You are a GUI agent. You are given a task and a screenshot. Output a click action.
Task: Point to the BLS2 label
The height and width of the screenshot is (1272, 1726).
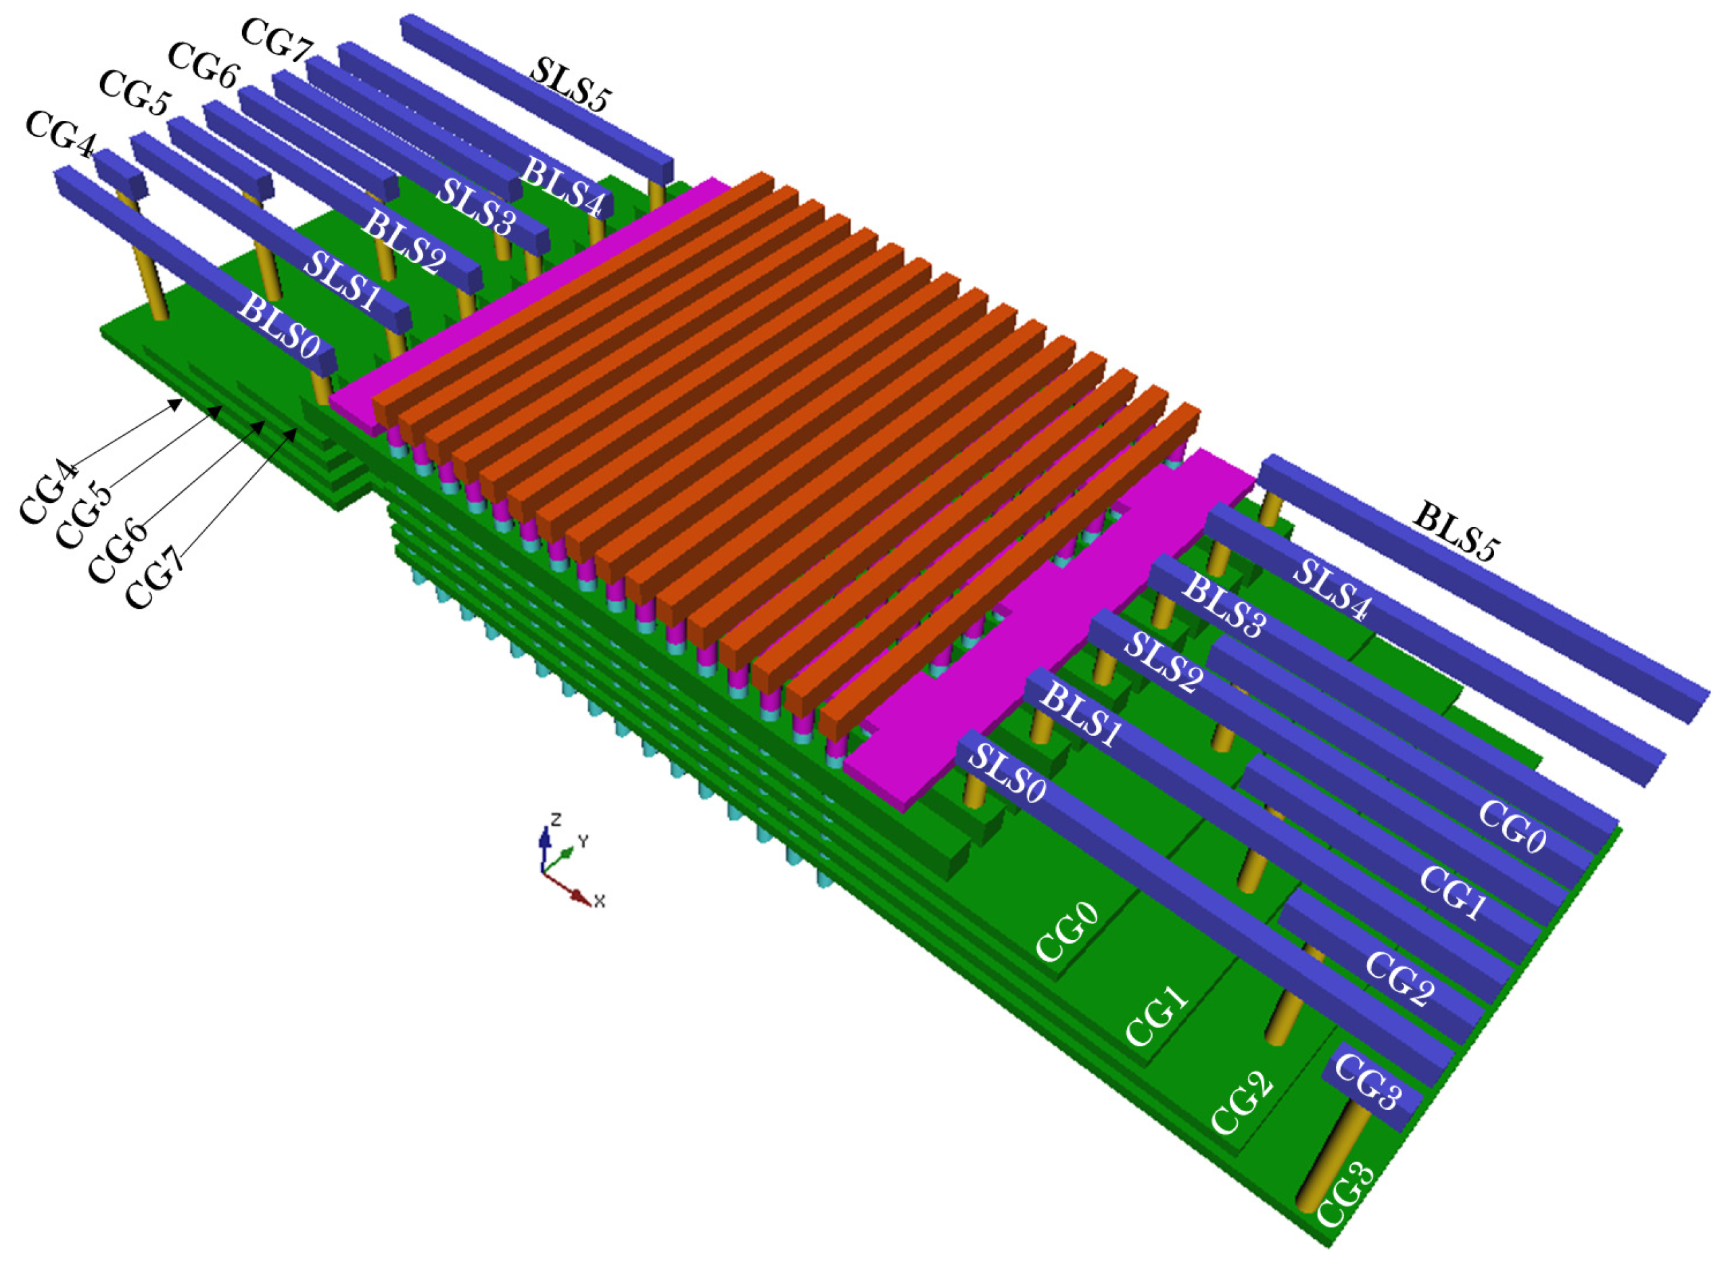coord(404,243)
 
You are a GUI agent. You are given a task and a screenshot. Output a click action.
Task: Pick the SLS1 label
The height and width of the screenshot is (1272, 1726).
coord(342,280)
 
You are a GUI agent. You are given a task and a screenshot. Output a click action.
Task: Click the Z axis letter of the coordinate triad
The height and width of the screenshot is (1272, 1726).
coord(555,817)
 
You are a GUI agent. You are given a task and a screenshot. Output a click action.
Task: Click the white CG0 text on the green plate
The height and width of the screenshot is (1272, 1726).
coord(1067,933)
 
